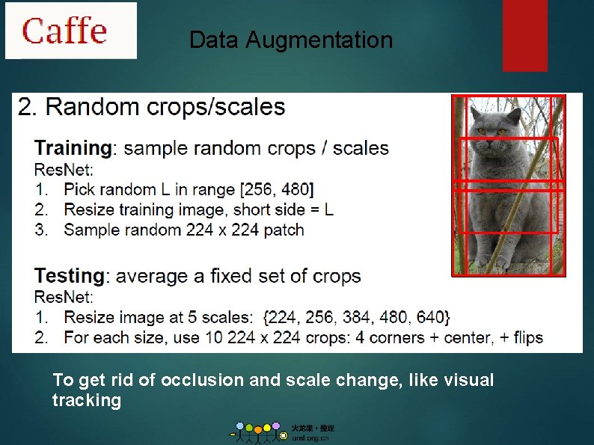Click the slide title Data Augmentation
(x=291, y=40)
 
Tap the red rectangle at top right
(x=524, y=35)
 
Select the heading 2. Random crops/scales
(x=151, y=107)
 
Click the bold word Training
(x=73, y=148)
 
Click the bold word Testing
(x=70, y=276)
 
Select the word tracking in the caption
(x=86, y=400)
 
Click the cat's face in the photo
(x=492, y=138)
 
